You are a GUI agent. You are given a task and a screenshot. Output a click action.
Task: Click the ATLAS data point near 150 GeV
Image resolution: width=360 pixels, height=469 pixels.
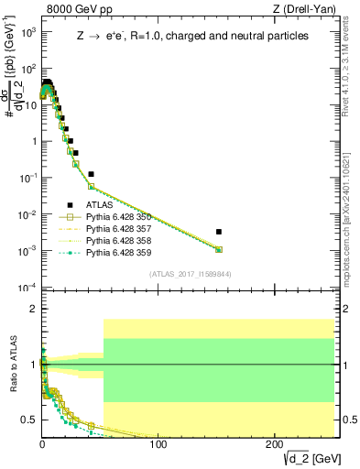(x=218, y=232)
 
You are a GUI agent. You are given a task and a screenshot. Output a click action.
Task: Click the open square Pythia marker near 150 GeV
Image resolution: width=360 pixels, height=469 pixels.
(x=218, y=249)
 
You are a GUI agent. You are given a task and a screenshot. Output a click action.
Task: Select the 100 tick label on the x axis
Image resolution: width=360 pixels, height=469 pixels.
(x=158, y=444)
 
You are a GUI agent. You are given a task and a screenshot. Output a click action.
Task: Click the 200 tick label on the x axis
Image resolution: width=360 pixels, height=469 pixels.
(x=275, y=444)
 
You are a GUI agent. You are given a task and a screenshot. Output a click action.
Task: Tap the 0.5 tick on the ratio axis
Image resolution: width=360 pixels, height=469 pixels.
(x=27, y=420)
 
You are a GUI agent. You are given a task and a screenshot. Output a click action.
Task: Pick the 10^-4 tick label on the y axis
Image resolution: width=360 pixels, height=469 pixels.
(x=26, y=288)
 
